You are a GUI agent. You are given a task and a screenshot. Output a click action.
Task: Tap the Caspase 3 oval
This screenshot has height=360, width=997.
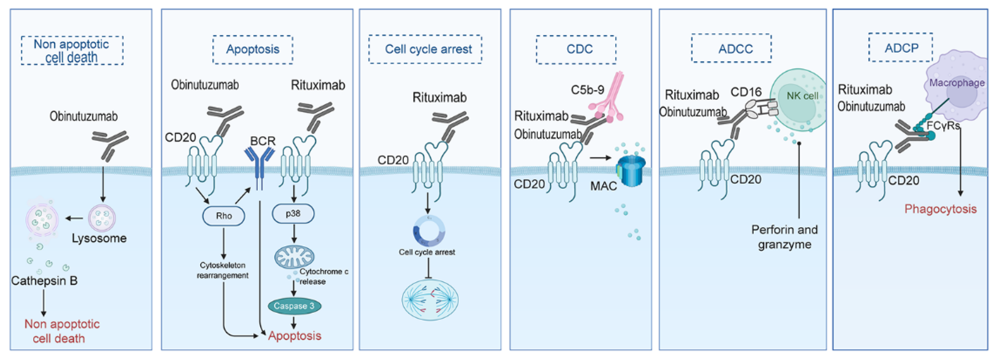click(x=294, y=306)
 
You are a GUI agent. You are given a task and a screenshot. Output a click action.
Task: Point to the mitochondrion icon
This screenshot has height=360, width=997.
click(x=294, y=256)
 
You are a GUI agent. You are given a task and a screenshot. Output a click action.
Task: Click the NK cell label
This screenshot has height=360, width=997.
click(x=802, y=96)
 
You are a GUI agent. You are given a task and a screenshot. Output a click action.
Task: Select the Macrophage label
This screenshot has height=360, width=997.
click(x=956, y=83)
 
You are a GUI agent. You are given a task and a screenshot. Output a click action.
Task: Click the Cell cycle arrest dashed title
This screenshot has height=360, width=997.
click(x=425, y=49)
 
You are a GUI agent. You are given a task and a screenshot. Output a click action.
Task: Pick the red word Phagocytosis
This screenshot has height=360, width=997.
click(x=940, y=209)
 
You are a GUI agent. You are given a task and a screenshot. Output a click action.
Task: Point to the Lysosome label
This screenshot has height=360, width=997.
click(x=99, y=238)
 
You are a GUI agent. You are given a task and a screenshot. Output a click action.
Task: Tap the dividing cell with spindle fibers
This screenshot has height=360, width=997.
click(x=430, y=300)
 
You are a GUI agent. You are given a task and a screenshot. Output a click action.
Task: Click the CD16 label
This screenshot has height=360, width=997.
click(x=745, y=92)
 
